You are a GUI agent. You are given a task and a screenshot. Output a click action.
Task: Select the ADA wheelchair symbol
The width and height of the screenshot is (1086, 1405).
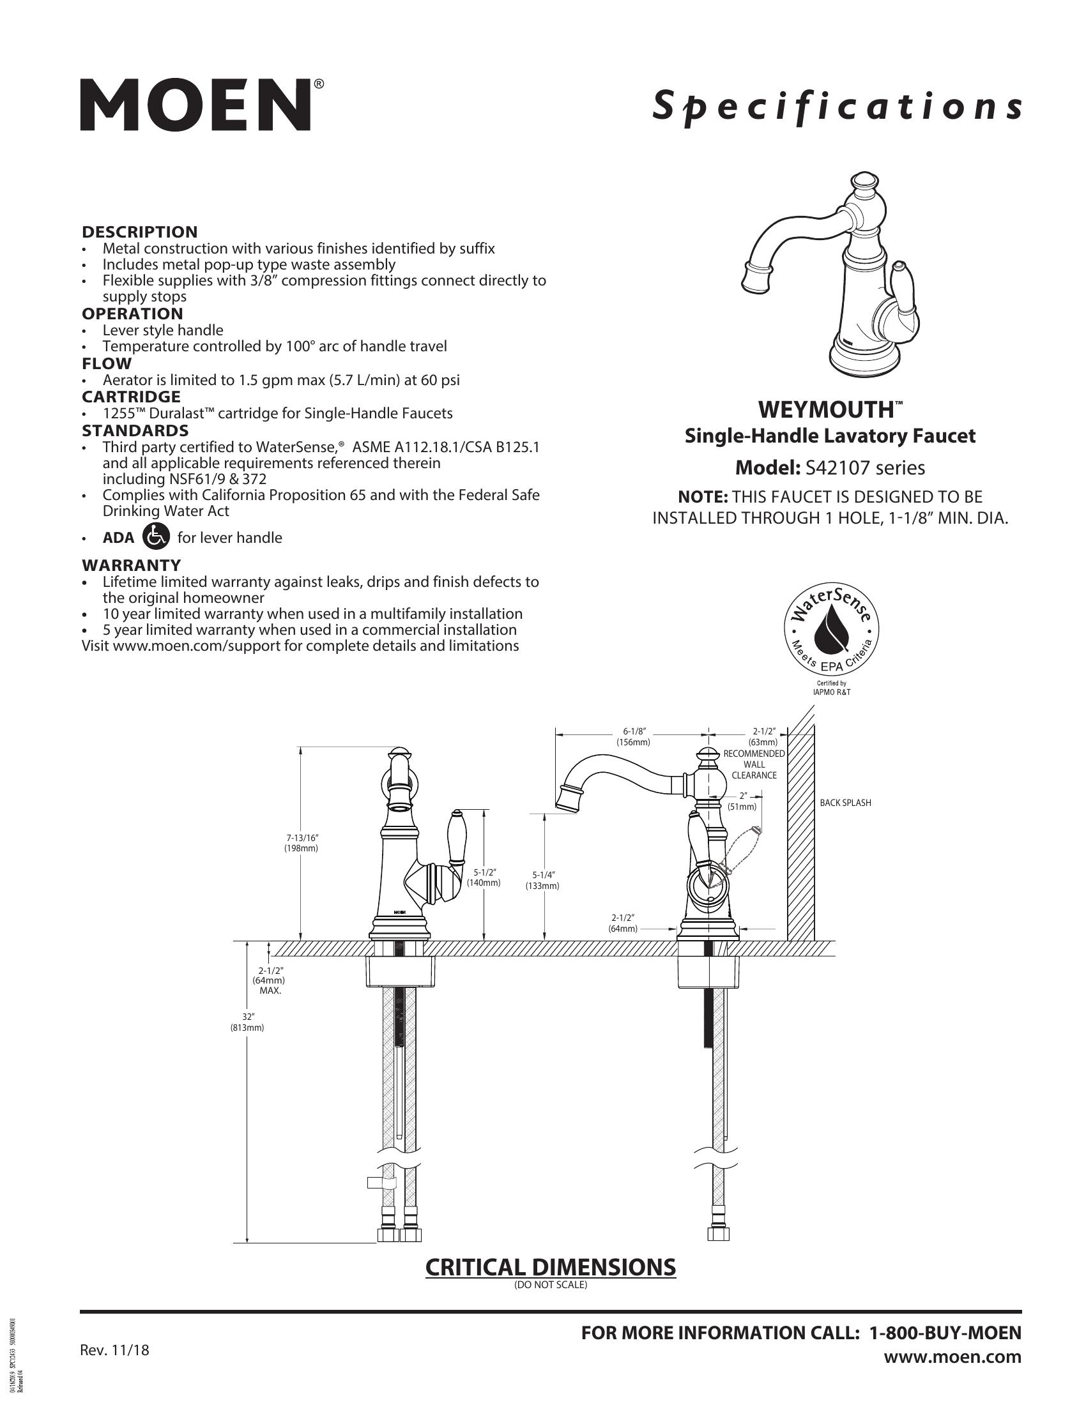pyautogui.click(x=157, y=536)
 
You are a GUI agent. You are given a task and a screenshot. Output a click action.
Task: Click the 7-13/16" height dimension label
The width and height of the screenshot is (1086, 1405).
pyautogui.click(x=302, y=843)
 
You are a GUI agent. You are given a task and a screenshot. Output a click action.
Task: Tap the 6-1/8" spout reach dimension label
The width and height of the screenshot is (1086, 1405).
pyautogui.click(x=634, y=736)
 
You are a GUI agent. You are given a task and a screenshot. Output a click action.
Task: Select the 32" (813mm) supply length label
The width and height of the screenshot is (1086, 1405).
pyautogui.click(x=248, y=1022)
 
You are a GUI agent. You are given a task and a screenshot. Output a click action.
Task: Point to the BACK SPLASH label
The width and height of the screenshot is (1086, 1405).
pyautogui.click(x=845, y=803)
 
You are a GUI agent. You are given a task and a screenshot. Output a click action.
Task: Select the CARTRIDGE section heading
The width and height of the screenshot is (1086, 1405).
pyautogui.click(x=131, y=397)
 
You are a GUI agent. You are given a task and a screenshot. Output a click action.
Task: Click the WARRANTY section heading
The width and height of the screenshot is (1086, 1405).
pyautogui.click(x=131, y=565)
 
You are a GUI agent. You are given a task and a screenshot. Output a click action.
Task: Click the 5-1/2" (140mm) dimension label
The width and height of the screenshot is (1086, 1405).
pyautogui.click(x=484, y=877)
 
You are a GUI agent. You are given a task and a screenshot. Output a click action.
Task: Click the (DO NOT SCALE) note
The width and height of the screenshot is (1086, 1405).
pyautogui.click(x=551, y=1285)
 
